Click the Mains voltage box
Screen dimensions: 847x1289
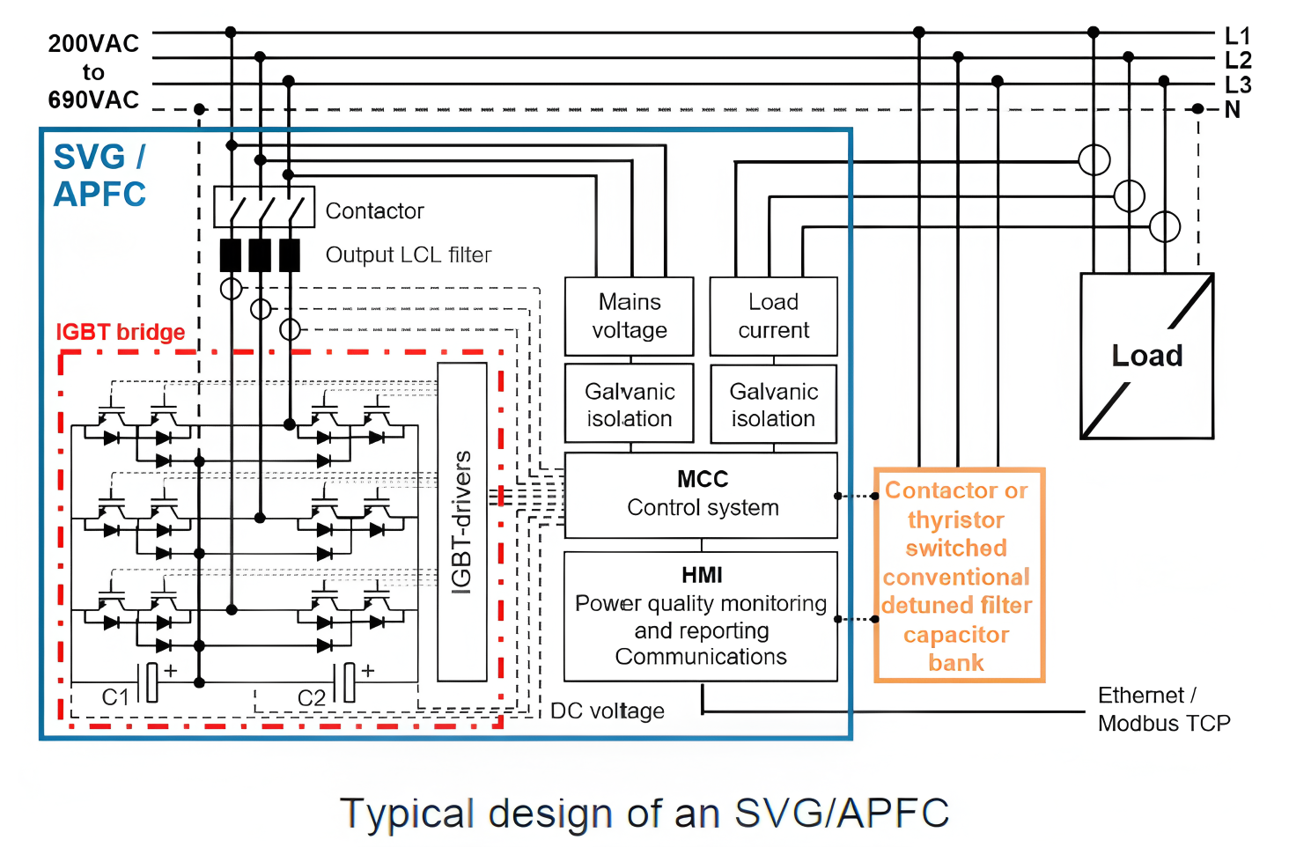[x=629, y=316]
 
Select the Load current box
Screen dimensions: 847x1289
[x=773, y=316]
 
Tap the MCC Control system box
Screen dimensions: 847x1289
[x=701, y=495]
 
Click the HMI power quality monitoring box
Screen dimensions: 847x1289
[x=701, y=616]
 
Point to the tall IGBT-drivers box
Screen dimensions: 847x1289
[x=462, y=521]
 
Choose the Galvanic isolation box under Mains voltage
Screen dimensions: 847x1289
[x=629, y=404]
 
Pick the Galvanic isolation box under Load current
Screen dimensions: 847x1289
[x=773, y=404]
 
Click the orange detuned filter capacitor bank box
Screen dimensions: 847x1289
[x=958, y=576]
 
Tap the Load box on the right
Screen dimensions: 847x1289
[x=1146, y=356]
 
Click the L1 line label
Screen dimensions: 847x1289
[x=1237, y=36]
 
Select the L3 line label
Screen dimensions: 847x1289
[x=1237, y=85]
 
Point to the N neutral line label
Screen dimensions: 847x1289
[x=1233, y=110]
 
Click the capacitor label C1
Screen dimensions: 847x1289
[x=115, y=697]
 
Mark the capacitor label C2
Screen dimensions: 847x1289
[x=312, y=698]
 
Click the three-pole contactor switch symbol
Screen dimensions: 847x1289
[x=263, y=207]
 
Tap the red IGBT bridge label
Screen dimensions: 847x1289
[x=121, y=332]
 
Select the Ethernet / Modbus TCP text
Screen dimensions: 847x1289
[x=1163, y=710]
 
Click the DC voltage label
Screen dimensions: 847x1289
[x=607, y=711]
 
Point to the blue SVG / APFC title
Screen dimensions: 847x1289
[x=99, y=175]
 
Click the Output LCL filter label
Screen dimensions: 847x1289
[x=409, y=255]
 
